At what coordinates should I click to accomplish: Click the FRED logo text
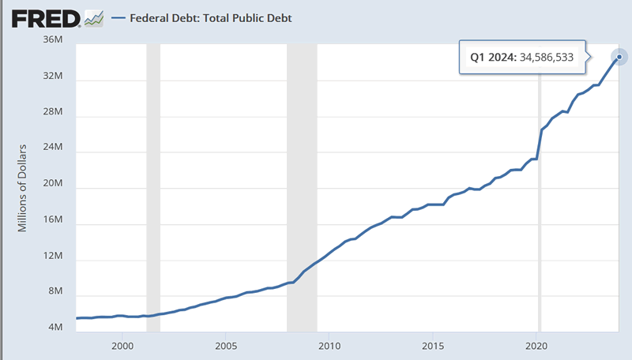point(41,17)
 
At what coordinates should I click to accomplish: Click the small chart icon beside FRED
point(94,17)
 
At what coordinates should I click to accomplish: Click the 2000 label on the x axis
point(122,346)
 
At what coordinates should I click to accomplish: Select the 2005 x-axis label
point(226,346)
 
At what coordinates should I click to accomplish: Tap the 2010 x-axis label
point(329,346)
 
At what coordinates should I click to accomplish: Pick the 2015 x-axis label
point(433,346)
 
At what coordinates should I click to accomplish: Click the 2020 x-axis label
point(537,346)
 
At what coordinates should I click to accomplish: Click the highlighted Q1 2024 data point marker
point(620,56)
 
